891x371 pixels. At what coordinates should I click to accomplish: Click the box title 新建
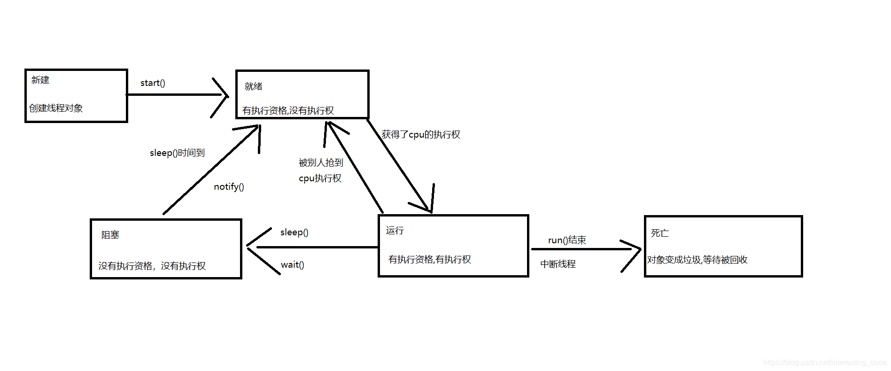click(x=40, y=80)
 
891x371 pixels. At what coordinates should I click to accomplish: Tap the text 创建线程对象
click(x=56, y=108)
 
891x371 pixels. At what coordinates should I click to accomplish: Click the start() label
click(x=153, y=83)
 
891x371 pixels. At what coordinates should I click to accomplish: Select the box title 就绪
click(x=254, y=86)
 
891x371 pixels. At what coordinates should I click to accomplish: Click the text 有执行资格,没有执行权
click(x=288, y=110)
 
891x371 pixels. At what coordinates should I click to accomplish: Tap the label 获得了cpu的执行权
click(x=421, y=135)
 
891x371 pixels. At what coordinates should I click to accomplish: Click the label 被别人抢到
click(x=321, y=162)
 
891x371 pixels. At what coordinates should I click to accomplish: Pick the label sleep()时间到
click(x=177, y=153)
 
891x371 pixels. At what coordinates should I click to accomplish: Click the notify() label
click(x=229, y=187)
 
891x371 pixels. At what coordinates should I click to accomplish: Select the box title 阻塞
click(x=110, y=235)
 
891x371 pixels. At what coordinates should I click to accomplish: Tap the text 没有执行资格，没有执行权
click(x=152, y=266)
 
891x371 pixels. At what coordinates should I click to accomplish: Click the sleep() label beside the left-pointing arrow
click(x=294, y=232)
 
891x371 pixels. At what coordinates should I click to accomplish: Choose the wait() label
click(x=292, y=265)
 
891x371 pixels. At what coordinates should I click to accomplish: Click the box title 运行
click(x=395, y=231)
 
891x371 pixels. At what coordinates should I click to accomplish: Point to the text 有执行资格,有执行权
click(x=429, y=259)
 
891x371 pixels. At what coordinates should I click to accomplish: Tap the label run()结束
click(x=567, y=240)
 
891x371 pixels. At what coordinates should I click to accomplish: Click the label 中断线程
click(x=558, y=264)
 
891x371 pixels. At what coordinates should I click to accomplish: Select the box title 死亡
click(x=659, y=233)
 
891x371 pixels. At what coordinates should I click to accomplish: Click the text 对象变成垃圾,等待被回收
click(x=697, y=260)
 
